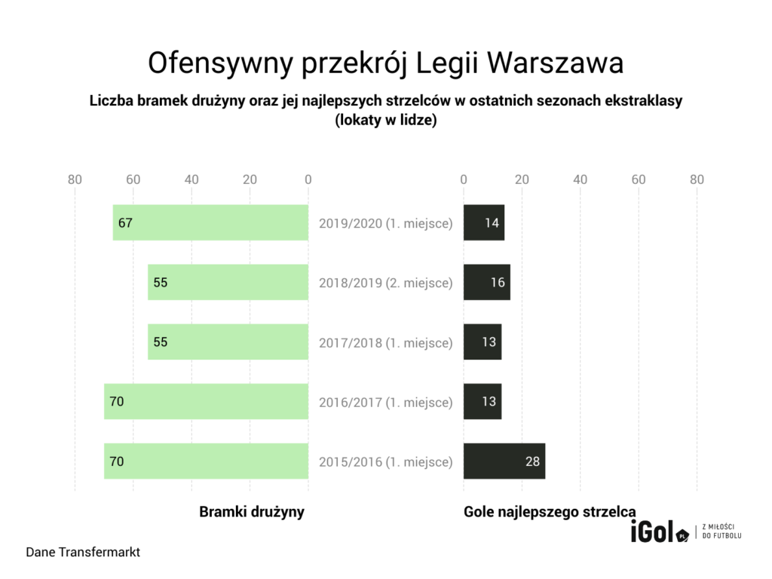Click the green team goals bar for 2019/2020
[x=210, y=223]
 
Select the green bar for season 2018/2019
[x=228, y=283]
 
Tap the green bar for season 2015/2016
[x=206, y=461]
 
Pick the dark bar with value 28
[x=504, y=461]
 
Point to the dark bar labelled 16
[x=486, y=283]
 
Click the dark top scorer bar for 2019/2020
[x=483, y=223]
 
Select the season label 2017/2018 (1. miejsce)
[x=385, y=343]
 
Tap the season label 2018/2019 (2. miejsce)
[x=385, y=283]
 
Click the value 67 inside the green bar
[x=125, y=223]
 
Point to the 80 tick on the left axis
[x=75, y=179]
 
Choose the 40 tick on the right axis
[x=580, y=179]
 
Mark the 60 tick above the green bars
[x=133, y=179]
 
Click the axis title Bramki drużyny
[x=252, y=512]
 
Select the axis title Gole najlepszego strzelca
[x=550, y=512]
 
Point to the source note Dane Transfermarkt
[x=83, y=553]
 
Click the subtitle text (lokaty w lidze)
[x=386, y=120]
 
